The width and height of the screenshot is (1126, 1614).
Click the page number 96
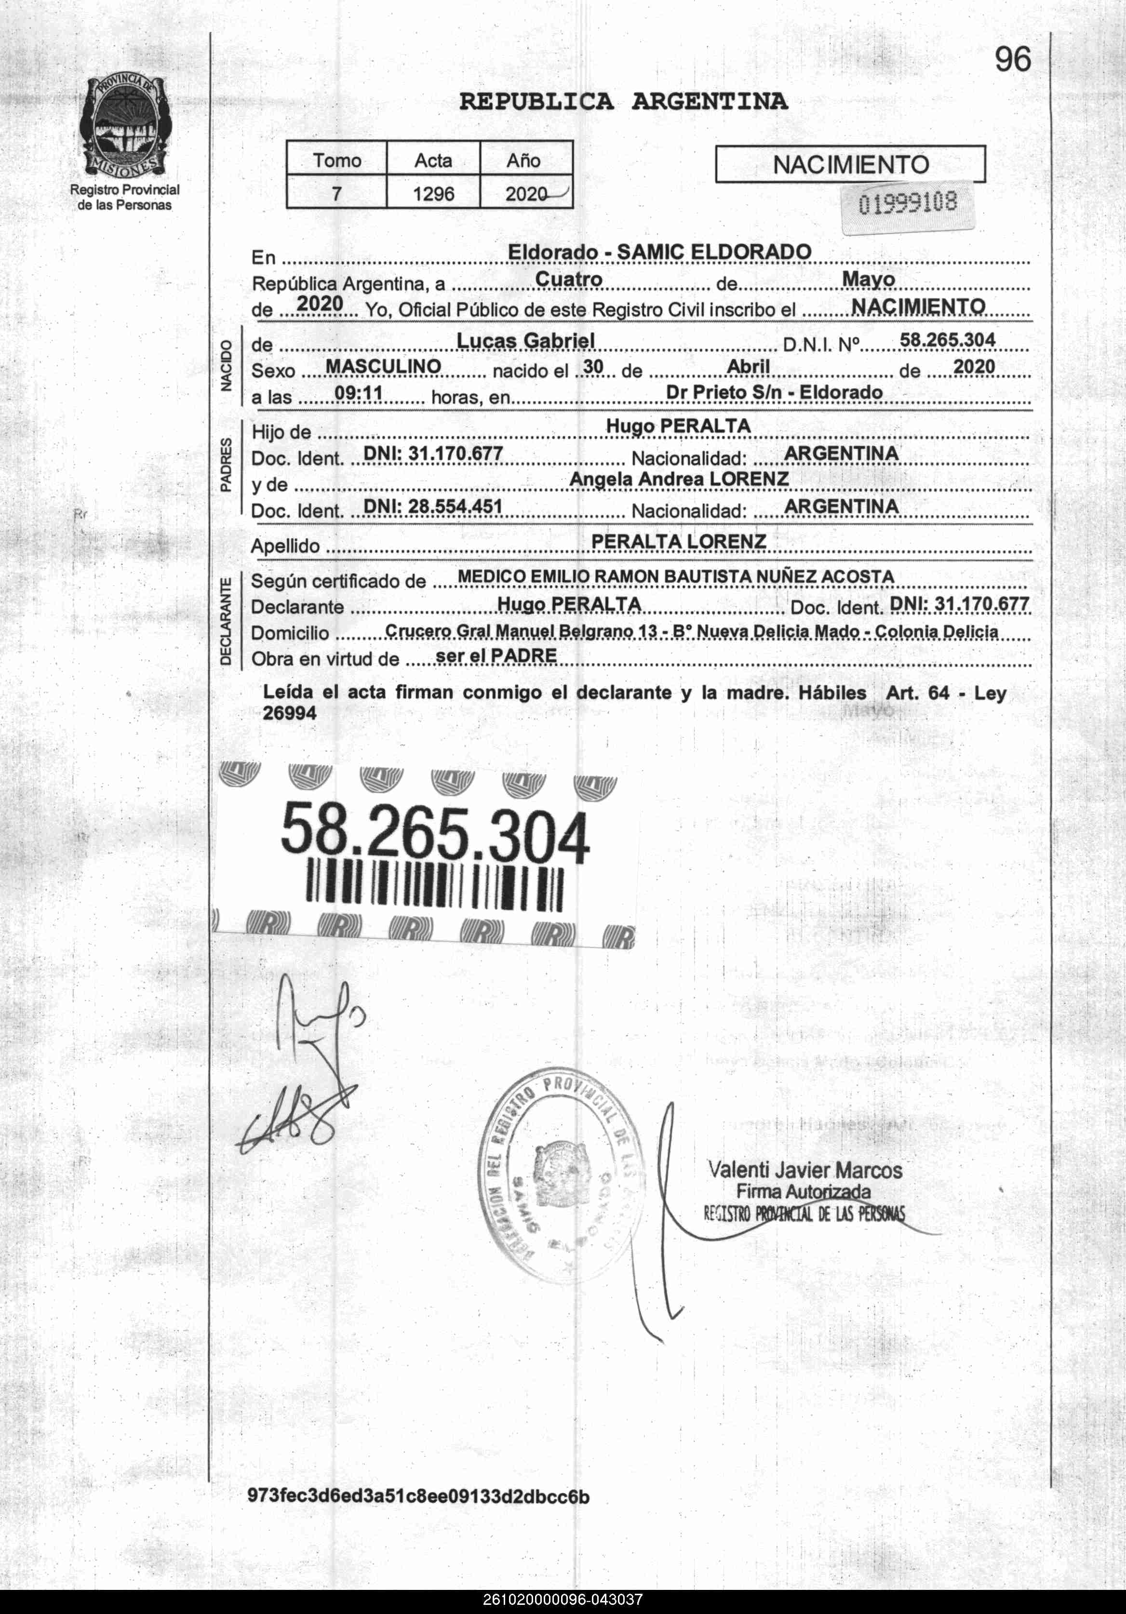[x=1013, y=60]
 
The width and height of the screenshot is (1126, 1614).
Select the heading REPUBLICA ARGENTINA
[x=623, y=102]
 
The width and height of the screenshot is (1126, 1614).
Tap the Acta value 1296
[x=433, y=193]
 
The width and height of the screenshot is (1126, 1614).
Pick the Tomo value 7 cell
[x=336, y=193]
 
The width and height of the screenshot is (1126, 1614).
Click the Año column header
[x=523, y=161]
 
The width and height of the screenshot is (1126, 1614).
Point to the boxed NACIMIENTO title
[x=850, y=164]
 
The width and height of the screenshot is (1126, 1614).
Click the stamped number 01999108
[x=908, y=204]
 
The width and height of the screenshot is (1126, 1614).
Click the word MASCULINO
[x=383, y=366]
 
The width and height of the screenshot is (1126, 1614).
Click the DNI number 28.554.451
[x=433, y=506]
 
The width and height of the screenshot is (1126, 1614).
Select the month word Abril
[x=748, y=366]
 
